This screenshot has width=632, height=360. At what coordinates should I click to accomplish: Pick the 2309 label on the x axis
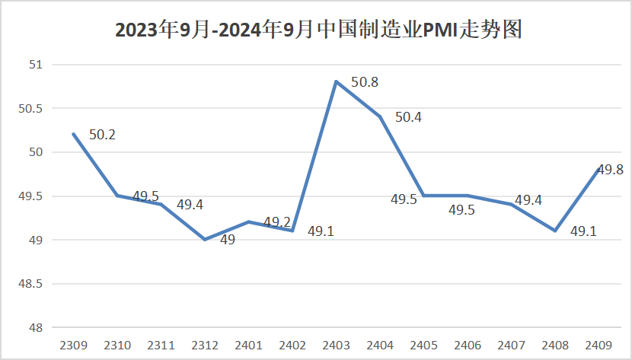pyautogui.click(x=74, y=345)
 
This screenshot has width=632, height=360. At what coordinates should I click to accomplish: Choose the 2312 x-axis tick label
pyautogui.click(x=205, y=345)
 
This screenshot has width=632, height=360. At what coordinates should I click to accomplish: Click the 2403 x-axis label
pyautogui.click(x=336, y=345)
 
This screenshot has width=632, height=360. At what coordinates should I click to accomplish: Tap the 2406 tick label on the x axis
pyautogui.click(x=468, y=345)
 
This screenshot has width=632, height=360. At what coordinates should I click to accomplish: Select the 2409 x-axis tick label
pyautogui.click(x=598, y=345)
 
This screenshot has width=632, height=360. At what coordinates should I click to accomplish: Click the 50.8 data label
pyautogui.click(x=364, y=81)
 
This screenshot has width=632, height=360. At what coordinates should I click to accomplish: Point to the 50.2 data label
pyautogui.click(x=102, y=135)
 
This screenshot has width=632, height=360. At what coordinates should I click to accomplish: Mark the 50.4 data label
pyautogui.click(x=408, y=116)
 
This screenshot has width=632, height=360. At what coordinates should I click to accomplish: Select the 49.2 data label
pyautogui.click(x=277, y=222)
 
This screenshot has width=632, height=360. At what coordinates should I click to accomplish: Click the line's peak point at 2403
pyautogui.click(x=336, y=81)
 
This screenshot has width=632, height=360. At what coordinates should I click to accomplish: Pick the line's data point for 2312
pyautogui.click(x=205, y=240)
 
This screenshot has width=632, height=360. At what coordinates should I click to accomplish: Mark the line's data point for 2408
pyautogui.click(x=555, y=231)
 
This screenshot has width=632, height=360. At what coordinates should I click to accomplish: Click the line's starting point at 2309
pyautogui.click(x=74, y=134)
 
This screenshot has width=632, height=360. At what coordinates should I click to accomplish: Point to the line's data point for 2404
pyautogui.click(x=380, y=116)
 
